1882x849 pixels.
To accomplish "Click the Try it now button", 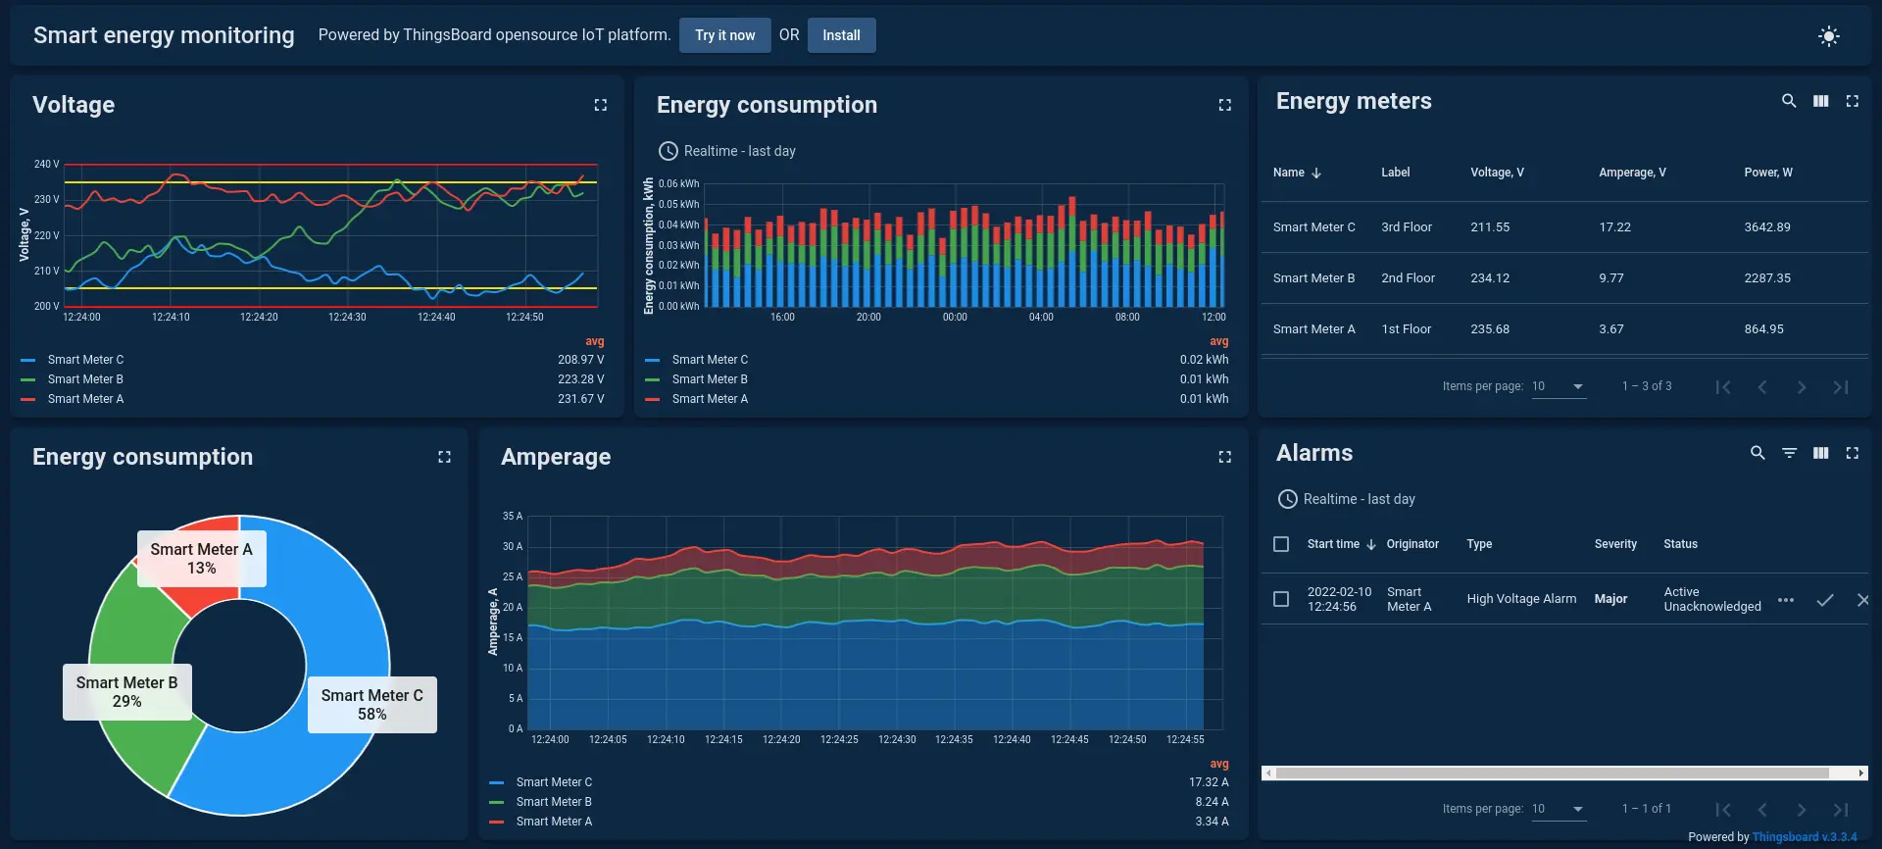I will coord(724,35).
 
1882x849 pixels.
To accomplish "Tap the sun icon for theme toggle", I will coord(1828,36).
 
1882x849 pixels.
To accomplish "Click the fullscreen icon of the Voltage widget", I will coord(600,105).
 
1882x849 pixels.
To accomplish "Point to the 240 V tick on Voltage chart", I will coord(46,164).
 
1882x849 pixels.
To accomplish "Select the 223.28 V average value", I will coord(580,379).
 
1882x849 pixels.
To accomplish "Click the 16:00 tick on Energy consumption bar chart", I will coord(782,317).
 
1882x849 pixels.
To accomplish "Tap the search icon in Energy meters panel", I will coord(1788,101).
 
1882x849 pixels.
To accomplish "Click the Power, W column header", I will coord(1767,173).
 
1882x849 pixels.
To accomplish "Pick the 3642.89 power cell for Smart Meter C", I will coord(1766,227).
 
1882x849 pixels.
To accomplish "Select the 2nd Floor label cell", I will coord(1408,278).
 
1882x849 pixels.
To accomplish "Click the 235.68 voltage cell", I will coord(1489,329).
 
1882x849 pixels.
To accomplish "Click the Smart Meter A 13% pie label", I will coord(201,559).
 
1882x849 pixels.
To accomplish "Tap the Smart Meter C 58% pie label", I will coord(371,705).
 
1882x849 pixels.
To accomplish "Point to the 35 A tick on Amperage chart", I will coord(512,516).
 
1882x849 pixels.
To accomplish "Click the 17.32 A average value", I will coord(1208,782).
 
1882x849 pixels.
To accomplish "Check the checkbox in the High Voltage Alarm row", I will coord(1280,599).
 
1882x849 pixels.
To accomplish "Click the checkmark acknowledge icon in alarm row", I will coord(1824,600).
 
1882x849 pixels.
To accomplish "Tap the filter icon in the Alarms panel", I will coord(1789,453).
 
